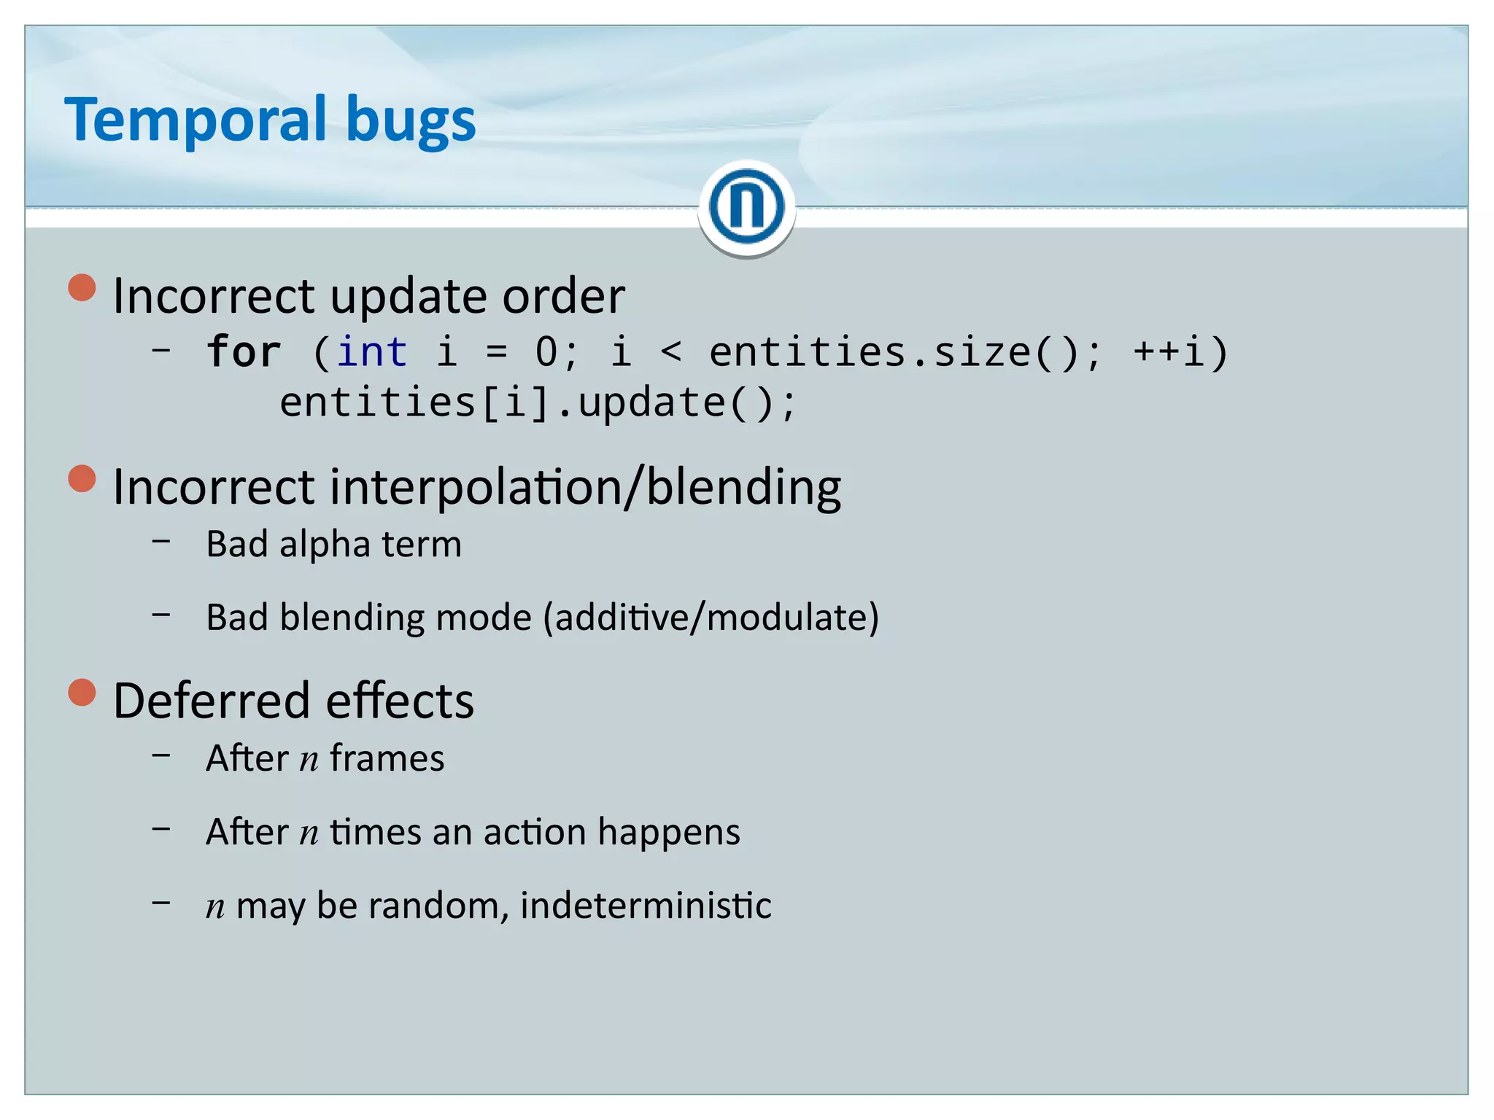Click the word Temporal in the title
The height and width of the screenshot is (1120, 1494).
tap(196, 120)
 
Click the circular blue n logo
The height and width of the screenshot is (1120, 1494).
tap(746, 207)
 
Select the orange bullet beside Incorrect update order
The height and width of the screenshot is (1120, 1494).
tap(82, 288)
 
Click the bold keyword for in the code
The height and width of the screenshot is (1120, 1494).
tap(244, 352)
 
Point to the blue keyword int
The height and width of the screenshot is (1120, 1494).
tap(371, 352)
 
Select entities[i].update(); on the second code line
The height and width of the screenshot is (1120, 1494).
tap(538, 402)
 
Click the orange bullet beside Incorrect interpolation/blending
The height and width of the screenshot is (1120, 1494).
tap(82, 479)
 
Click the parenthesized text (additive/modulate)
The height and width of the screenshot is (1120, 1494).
tap(711, 618)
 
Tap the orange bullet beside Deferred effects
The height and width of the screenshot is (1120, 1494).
tap(82, 693)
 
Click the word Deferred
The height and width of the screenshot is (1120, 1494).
tap(212, 701)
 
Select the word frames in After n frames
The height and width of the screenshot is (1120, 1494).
tap(387, 758)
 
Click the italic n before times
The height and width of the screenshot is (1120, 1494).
tap(309, 833)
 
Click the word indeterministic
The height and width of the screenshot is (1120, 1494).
tap(646, 906)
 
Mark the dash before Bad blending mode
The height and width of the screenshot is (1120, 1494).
tap(162, 615)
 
